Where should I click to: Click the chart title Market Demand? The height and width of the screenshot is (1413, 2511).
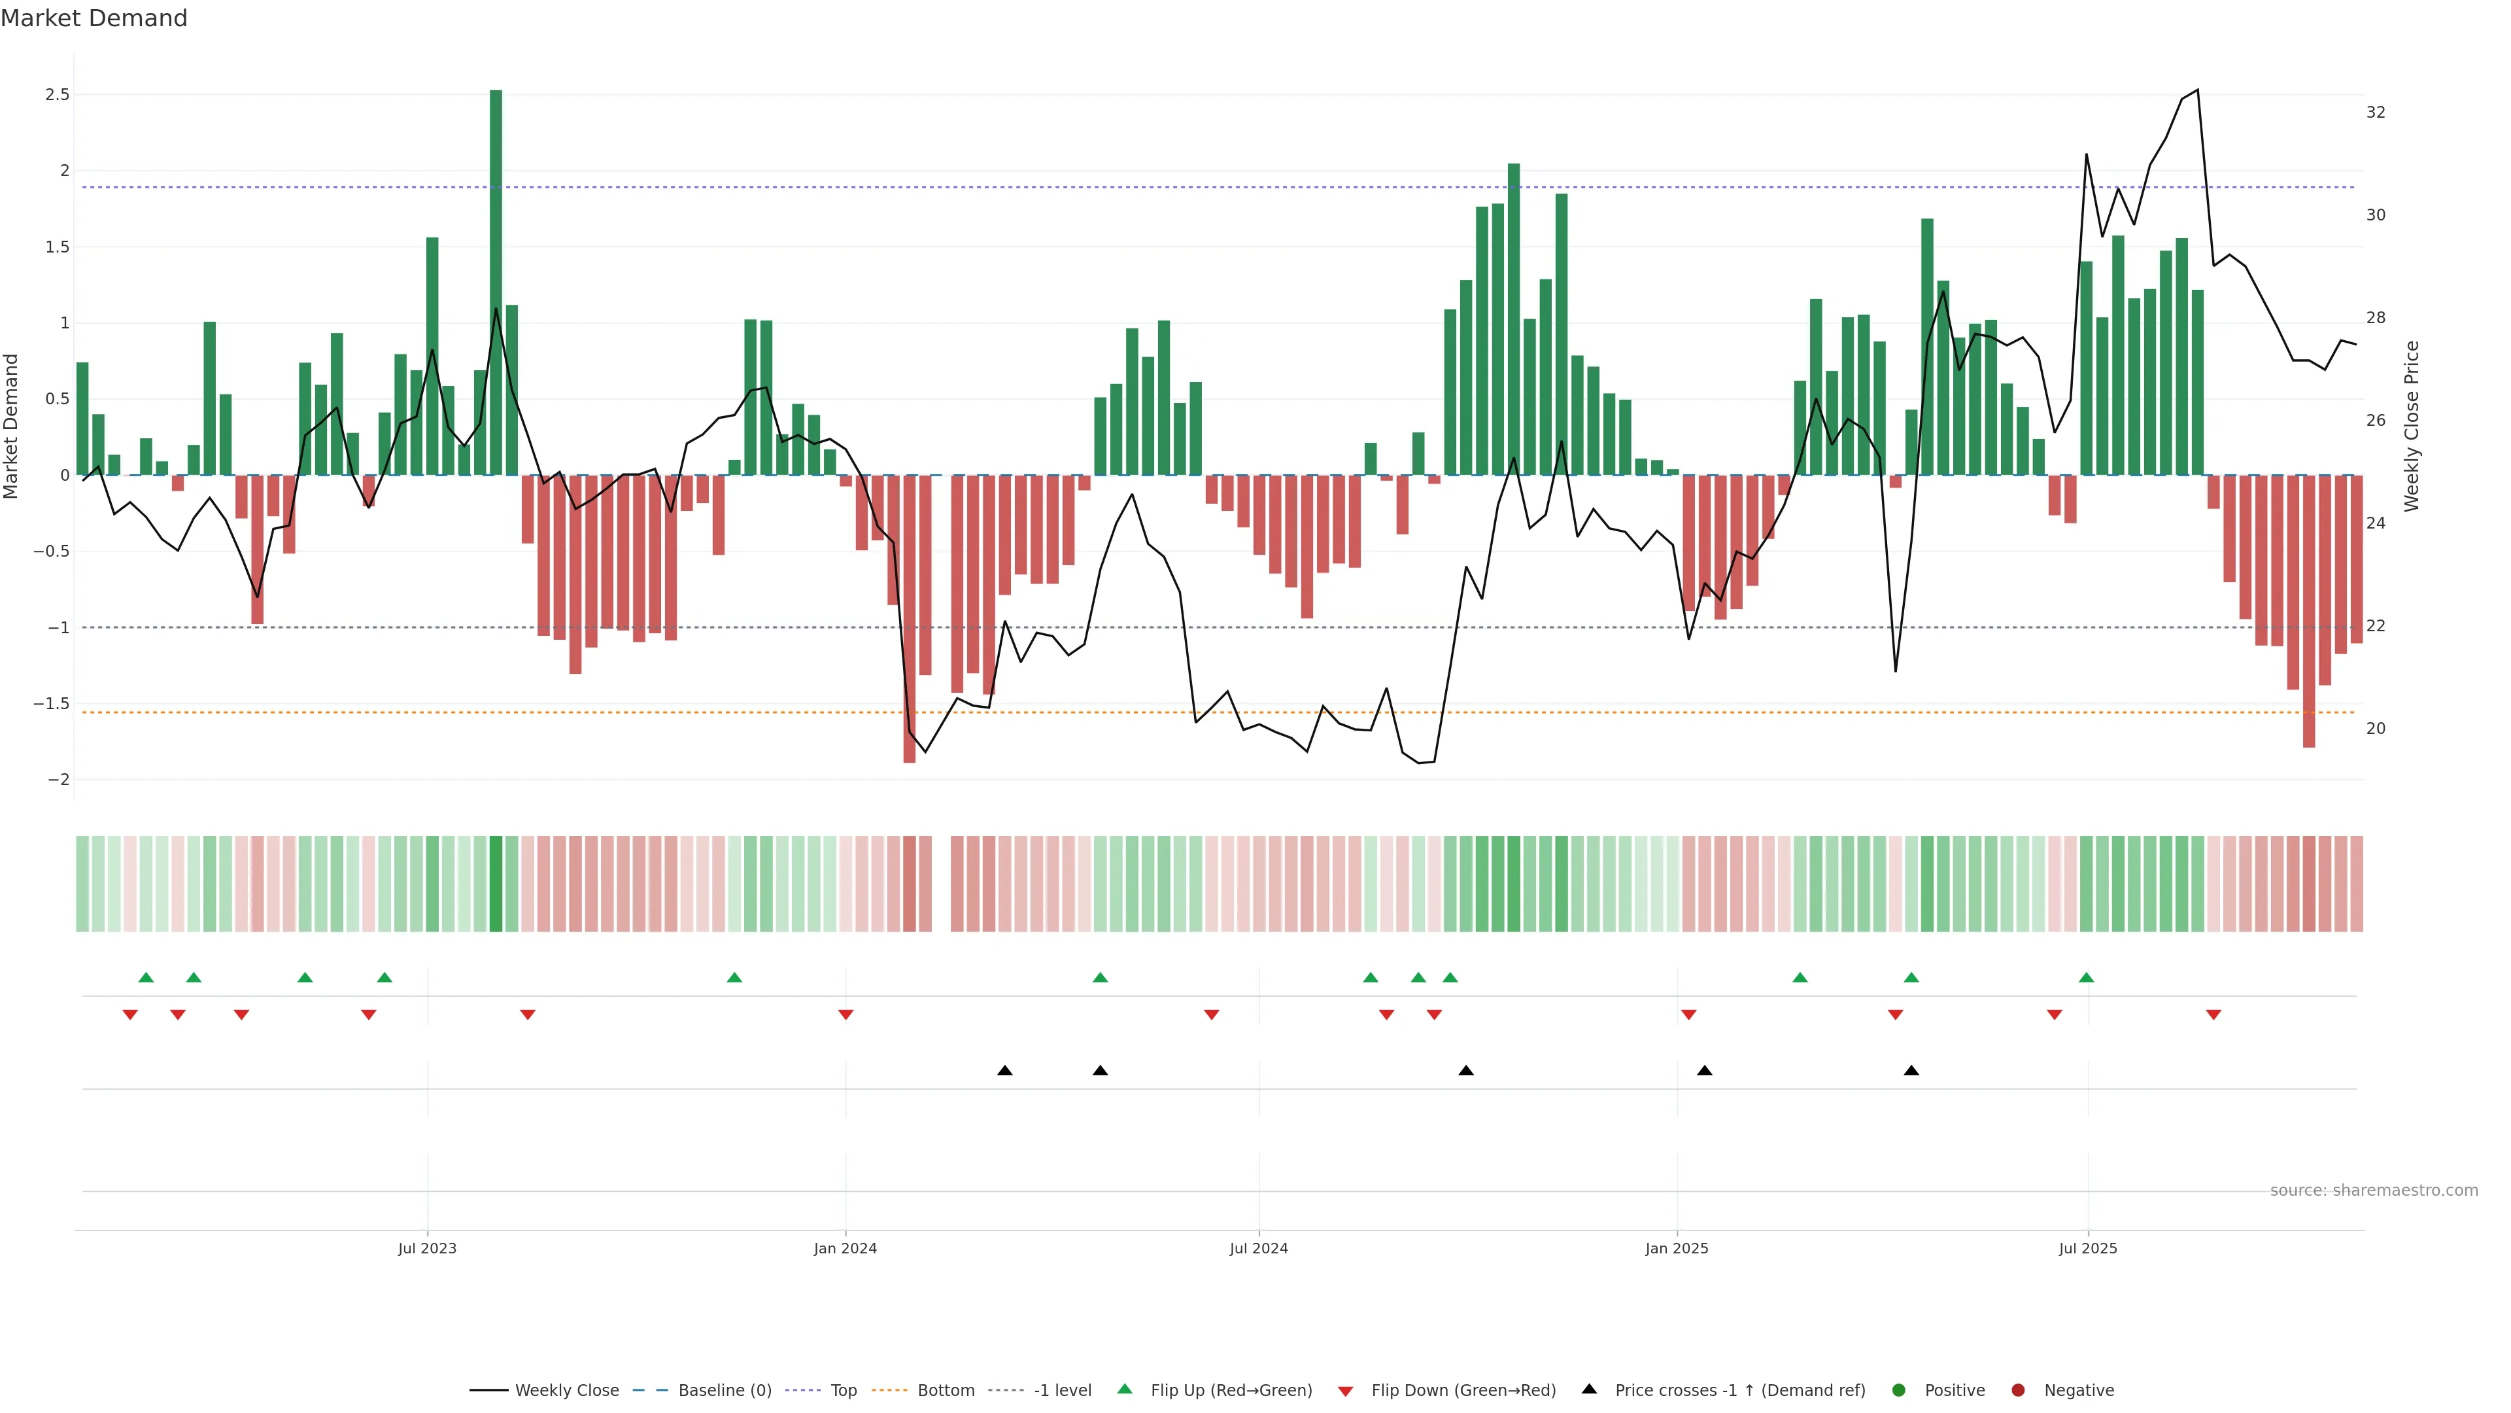[x=94, y=18]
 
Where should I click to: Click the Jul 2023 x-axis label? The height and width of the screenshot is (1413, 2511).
[x=427, y=1248]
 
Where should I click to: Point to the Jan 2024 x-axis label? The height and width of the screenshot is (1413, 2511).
[x=845, y=1248]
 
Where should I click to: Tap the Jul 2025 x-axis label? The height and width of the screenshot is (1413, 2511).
[x=2088, y=1248]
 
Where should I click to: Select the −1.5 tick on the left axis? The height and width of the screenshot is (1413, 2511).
[x=52, y=703]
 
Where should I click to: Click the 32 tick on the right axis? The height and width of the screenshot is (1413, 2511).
[x=2376, y=112]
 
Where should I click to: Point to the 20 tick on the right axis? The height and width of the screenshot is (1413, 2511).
[x=2376, y=729]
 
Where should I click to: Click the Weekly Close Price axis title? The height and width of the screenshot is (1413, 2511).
[x=2412, y=426]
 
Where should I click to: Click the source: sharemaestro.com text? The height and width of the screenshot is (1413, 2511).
[x=2374, y=1191]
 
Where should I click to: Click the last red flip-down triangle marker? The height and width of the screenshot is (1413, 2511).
[x=2213, y=1015]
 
